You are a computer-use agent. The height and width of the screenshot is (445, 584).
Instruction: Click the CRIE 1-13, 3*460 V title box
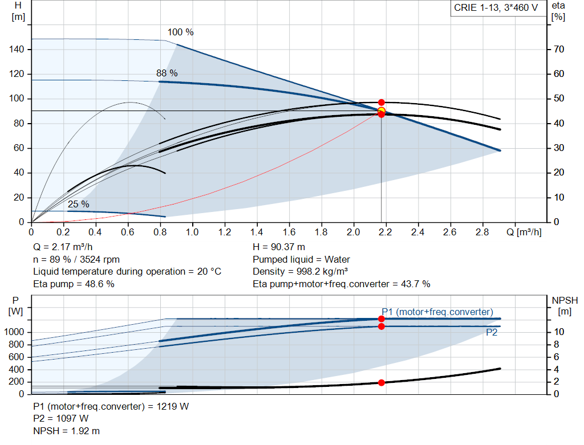[496, 8]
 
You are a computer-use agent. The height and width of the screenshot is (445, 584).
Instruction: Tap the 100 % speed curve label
[180, 32]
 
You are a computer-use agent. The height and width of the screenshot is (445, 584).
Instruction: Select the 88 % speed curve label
[167, 73]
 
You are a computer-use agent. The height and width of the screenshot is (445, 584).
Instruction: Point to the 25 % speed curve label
[79, 204]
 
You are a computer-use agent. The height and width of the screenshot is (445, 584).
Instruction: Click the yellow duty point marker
[381, 111]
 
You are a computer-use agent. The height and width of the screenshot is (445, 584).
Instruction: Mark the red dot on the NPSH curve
[382, 382]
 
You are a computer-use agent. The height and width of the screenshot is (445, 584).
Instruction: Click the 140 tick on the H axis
[18, 50]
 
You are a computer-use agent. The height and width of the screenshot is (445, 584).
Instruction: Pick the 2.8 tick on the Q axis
[482, 232]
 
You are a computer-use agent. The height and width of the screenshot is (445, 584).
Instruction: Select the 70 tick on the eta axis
[559, 50]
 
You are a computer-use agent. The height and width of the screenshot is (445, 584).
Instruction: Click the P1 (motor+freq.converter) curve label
[437, 312]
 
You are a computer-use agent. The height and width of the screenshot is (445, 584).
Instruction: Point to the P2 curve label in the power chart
[492, 332]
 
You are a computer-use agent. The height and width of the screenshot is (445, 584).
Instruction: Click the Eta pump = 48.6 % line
[74, 284]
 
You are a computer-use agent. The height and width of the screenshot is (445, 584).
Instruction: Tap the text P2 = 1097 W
[61, 419]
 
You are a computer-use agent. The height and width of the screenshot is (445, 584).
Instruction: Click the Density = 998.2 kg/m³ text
[301, 271]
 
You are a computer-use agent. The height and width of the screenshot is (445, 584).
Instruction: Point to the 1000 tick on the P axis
[15, 332]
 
